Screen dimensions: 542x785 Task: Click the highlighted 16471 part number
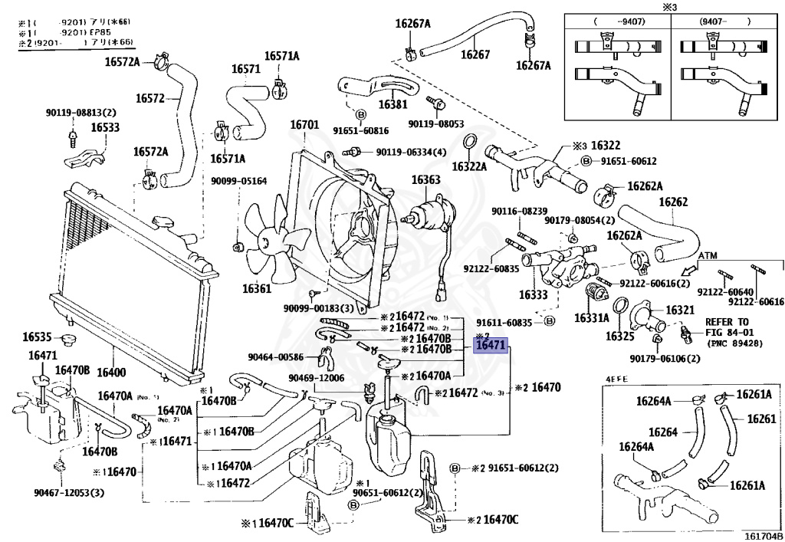point(491,346)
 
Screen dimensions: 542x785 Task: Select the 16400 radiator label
point(111,373)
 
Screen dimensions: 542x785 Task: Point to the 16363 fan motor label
point(425,180)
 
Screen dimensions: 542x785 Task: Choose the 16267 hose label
point(475,54)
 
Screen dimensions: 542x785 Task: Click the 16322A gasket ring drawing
point(470,143)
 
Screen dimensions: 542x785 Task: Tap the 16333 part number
point(534,294)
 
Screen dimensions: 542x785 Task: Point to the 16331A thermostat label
point(592,317)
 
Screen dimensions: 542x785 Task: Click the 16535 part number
point(36,337)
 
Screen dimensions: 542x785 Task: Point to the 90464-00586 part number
point(276,356)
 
